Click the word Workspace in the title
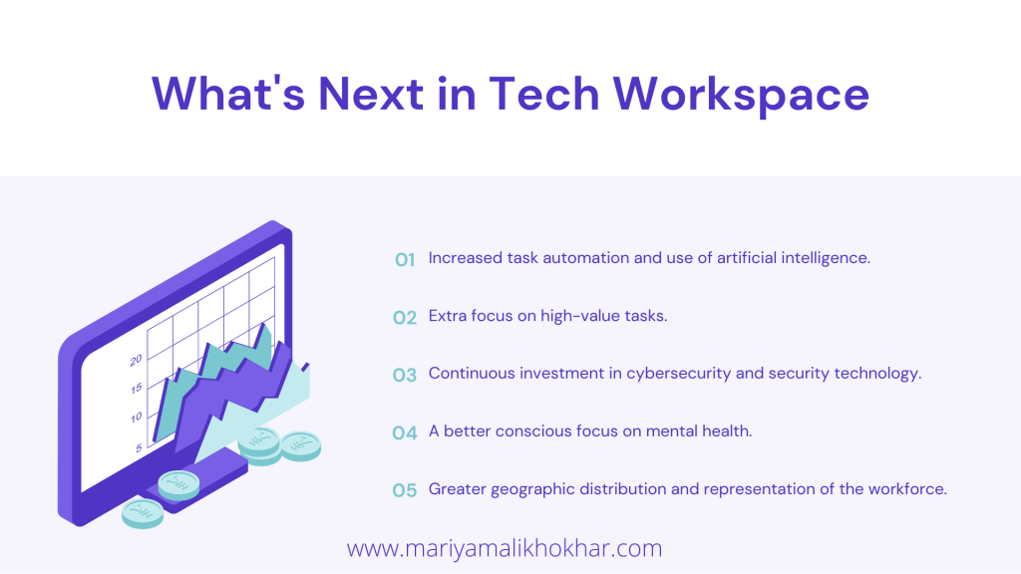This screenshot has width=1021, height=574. [x=741, y=95]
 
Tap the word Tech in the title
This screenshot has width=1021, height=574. [x=543, y=94]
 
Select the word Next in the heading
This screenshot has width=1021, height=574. [x=371, y=94]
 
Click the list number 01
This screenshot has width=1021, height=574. [x=405, y=260]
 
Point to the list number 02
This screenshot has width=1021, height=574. [x=405, y=318]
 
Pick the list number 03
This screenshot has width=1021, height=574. [x=405, y=375]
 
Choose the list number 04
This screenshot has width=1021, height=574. [x=405, y=432]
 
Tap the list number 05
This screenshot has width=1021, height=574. [x=405, y=490]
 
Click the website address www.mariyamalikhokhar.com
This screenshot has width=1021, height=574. [x=505, y=548]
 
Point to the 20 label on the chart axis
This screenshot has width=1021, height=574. [x=136, y=360]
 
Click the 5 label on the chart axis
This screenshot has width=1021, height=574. [x=139, y=447]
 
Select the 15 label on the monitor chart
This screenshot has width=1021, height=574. [x=136, y=389]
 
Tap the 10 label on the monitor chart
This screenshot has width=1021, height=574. [x=136, y=418]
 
